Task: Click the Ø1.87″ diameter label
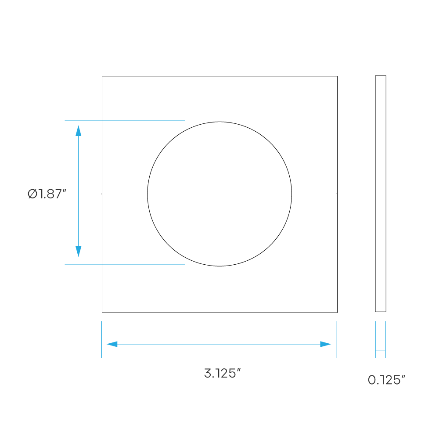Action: coord(47,194)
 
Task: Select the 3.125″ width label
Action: coord(222,373)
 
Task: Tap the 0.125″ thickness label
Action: coord(386,380)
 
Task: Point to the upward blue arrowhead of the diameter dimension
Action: coord(79,131)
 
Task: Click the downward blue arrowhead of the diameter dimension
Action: coord(79,252)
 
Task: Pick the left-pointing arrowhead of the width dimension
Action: coord(112,344)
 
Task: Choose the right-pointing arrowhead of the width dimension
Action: coord(326,344)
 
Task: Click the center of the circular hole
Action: coord(219,194)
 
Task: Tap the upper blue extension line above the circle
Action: coord(125,121)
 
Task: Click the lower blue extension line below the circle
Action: coord(125,265)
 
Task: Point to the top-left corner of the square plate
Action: coord(102,76)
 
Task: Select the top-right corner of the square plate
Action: coord(337,76)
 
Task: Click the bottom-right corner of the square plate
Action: coord(337,313)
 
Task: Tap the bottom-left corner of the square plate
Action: coord(102,313)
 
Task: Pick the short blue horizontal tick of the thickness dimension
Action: coord(381,350)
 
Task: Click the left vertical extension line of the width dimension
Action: coord(102,339)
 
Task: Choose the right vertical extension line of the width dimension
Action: coord(337,339)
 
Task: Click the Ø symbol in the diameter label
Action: coord(32,194)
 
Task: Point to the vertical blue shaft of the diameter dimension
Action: coord(79,191)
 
